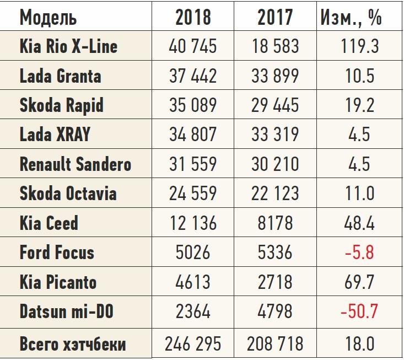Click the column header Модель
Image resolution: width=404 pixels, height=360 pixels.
[x=48, y=17]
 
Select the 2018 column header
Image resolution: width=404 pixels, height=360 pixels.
[x=193, y=17]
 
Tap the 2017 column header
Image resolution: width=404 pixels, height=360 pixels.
[x=275, y=17]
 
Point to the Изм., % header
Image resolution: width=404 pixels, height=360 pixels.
[x=351, y=17]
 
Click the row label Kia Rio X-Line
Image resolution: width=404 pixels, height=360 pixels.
[x=68, y=46]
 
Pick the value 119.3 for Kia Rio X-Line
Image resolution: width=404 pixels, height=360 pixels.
[x=359, y=46]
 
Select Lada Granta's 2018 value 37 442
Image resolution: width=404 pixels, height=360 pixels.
[x=193, y=76]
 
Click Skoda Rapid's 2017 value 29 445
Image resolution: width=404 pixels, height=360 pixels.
[x=275, y=105]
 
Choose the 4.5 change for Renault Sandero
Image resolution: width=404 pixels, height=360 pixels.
[x=359, y=164]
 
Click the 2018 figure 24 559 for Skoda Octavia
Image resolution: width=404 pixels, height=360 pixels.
[x=193, y=194]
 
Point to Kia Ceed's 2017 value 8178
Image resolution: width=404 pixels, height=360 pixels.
[x=275, y=223]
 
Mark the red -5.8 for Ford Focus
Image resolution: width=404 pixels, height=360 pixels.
[x=359, y=253]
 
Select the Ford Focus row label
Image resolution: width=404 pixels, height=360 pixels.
[x=57, y=253]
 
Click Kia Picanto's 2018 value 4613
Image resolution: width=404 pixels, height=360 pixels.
[x=193, y=282]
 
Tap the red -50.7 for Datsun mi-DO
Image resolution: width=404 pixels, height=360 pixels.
[x=359, y=312]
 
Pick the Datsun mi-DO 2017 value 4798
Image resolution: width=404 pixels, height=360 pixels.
[x=275, y=312]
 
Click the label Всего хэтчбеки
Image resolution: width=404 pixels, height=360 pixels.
[x=72, y=344]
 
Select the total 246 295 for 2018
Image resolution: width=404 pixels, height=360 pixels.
[x=193, y=344]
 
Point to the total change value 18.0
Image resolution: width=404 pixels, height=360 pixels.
[x=359, y=344]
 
